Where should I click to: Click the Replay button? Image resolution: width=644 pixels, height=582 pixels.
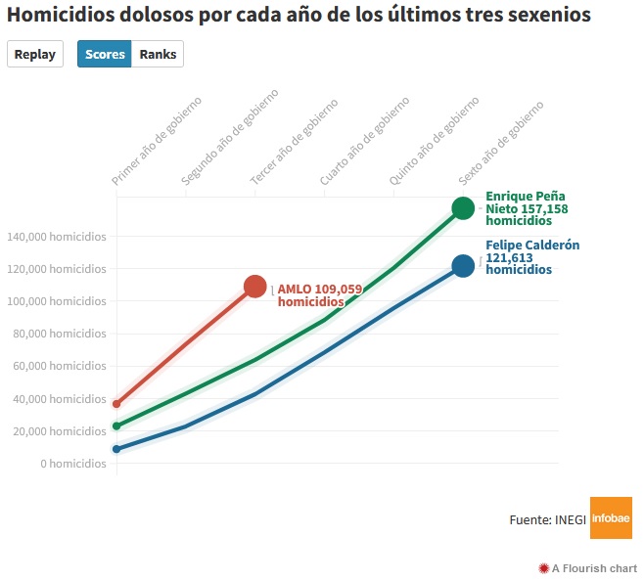(x=35, y=55)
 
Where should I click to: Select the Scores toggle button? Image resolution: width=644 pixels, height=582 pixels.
(x=105, y=55)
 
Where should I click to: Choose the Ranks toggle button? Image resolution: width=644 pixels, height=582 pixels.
(x=158, y=55)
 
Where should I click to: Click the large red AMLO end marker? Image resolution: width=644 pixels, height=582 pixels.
(x=255, y=287)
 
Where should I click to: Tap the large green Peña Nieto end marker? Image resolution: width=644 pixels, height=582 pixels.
(x=463, y=207)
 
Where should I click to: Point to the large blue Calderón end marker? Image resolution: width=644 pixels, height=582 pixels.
(x=463, y=265)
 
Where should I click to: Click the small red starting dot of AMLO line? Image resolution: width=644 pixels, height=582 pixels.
(x=116, y=404)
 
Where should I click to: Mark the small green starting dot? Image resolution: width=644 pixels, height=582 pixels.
(x=116, y=425)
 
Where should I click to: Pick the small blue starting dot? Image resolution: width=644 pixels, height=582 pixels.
(x=116, y=449)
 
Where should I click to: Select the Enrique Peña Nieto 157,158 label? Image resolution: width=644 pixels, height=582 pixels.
(x=527, y=208)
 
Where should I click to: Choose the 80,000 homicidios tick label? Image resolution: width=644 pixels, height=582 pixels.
(x=59, y=334)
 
